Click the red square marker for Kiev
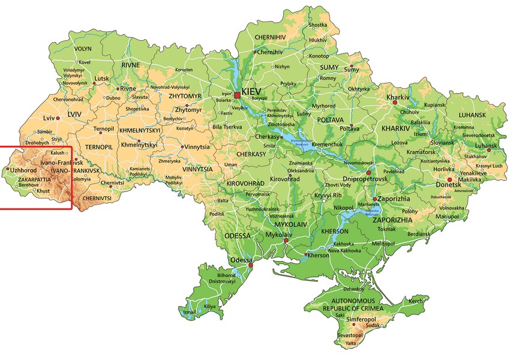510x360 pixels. (x=238, y=95)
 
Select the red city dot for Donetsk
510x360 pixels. (x=449, y=179)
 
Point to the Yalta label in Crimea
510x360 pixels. (x=351, y=343)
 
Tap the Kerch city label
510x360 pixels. (x=416, y=301)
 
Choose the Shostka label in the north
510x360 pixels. (x=318, y=25)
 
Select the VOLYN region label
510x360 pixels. (x=83, y=49)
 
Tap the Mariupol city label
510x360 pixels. (x=445, y=215)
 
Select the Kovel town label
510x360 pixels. (x=85, y=62)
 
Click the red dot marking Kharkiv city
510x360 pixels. (x=395, y=103)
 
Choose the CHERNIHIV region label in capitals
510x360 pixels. (x=272, y=37)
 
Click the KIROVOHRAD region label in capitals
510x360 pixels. (x=245, y=182)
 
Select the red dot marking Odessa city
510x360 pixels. (x=251, y=265)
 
